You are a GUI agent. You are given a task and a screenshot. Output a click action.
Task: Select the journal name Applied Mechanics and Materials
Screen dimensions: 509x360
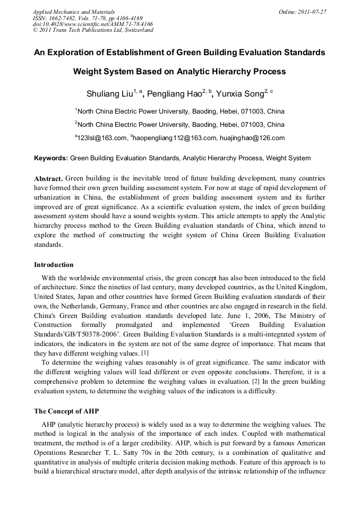pyautogui.click(x=74, y=11)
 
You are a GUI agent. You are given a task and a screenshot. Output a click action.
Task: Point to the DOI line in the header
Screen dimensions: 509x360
pyautogui.click(x=93, y=24)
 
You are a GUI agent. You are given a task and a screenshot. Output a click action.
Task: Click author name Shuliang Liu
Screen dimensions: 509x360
pyautogui.click(x=109, y=94)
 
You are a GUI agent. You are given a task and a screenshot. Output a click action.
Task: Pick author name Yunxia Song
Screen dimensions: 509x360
pyautogui.click(x=242, y=94)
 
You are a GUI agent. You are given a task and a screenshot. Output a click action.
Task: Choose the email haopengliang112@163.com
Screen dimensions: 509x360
pyautogui.click(x=176, y=138)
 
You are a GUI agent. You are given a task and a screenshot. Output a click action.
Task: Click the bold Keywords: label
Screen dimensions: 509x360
pyautogui.click(x=51, y=158)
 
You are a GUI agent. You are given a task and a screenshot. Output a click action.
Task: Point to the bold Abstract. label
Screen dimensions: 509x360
pyautogui.click(x=48, y=178)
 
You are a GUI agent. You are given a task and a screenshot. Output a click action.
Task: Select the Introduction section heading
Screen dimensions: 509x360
pyautogui.click(x=54, y=264)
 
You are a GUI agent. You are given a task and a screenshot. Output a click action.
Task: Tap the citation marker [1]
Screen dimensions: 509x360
pyautogui.click(x=144, y=353)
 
